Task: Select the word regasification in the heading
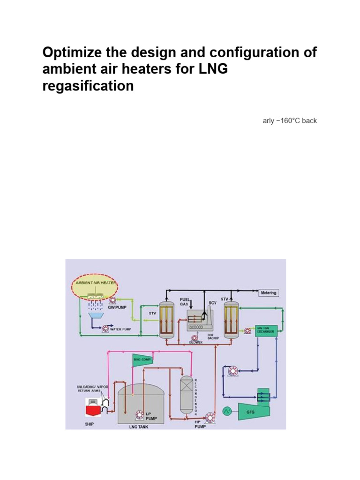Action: coord(88,86)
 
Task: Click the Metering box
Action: coord(269,293)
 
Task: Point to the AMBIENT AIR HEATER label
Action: coord(95,284)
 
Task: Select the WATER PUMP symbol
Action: coord(105,329)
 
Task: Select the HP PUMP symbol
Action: coord(210,416)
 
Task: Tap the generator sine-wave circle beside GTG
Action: coord(226,411)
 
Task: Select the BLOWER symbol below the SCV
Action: coord(195,338)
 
